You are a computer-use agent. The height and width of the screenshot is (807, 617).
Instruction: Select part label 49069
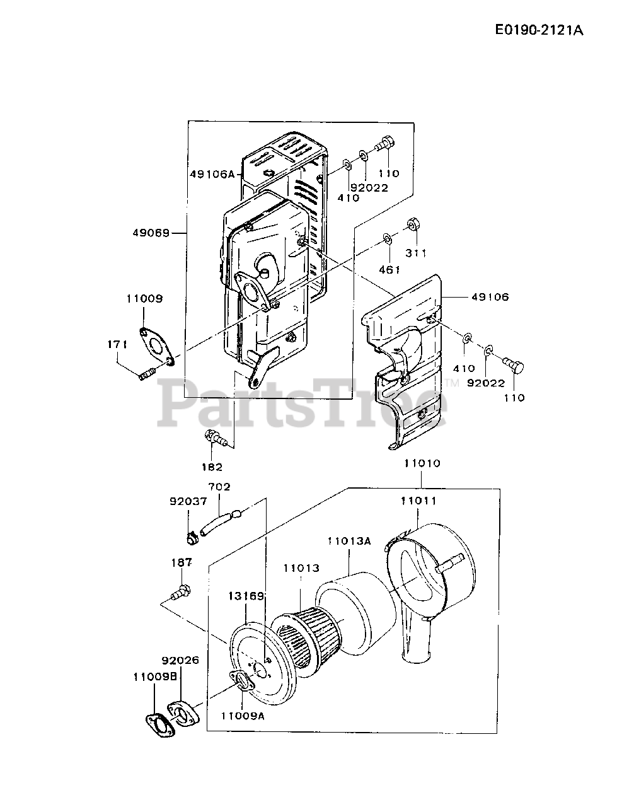click(x=151, y=233)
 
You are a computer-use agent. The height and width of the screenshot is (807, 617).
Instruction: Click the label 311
click(x=416, y=253)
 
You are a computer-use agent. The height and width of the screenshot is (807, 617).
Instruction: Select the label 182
click(x=212, y=467)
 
